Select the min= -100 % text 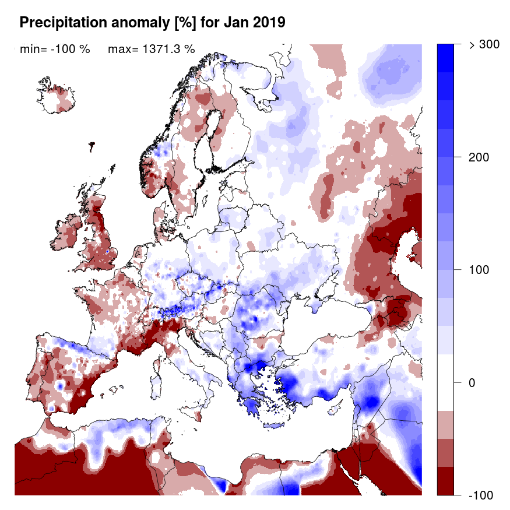(x=55, y=49)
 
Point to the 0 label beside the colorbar (x=472, y=383)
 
